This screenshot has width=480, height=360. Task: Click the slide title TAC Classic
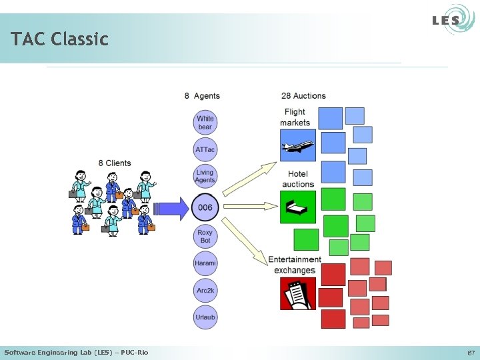[x=59, y=39]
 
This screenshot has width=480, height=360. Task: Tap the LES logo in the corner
[x=445, y=20]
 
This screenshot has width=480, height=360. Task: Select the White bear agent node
[x=205, y=123]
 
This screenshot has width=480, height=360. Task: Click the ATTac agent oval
[x=205, y=150]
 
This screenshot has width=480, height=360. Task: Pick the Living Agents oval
[x=205, y=177]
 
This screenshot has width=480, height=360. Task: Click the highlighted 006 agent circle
[x=205, y=207]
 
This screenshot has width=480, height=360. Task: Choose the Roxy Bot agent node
[x=205, y=237]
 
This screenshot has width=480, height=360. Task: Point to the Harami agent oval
[x=205, y=263]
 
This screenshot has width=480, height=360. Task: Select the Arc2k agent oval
[x=205, y=291]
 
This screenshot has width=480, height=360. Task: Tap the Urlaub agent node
[x=205, y=317]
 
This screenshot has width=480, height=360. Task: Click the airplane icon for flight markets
[x=298, y=146]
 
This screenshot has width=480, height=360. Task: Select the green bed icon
[x=298, y=207]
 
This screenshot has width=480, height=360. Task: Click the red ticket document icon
[x=298, y=294]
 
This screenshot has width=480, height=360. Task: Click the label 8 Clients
[x=115, y=163]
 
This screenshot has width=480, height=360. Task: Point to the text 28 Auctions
[x=303, y=96]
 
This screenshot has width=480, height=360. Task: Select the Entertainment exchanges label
[x=294, y=265]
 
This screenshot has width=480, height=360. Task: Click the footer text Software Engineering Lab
[x=76, y=352]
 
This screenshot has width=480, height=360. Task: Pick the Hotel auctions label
[x=298, y=179]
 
